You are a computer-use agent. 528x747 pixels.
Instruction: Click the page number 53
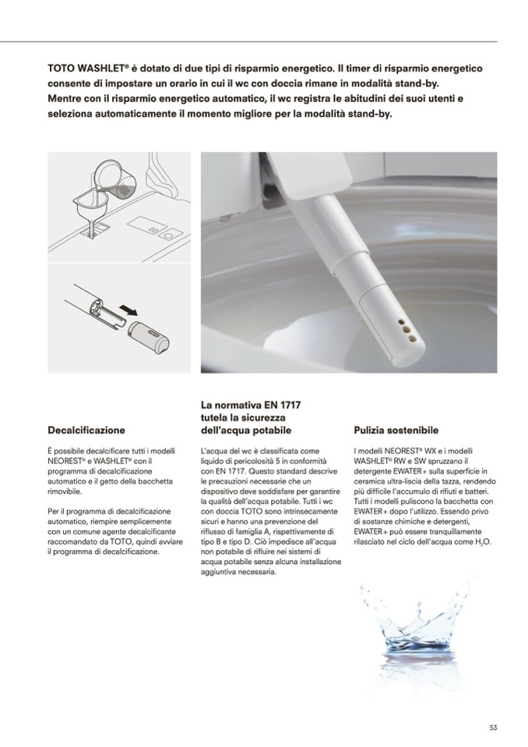493,728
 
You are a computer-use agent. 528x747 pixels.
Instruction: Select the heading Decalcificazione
86,430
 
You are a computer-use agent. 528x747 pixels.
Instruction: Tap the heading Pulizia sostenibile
396,430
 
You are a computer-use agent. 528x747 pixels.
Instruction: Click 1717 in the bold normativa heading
287,405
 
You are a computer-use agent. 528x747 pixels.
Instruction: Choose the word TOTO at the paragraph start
61,69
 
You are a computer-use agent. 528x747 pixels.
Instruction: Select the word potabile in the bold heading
270,430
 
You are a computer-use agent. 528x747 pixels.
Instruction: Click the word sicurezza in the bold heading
270,418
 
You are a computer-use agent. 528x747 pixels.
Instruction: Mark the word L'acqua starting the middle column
215,451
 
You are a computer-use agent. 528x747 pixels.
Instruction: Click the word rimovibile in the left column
68,492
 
